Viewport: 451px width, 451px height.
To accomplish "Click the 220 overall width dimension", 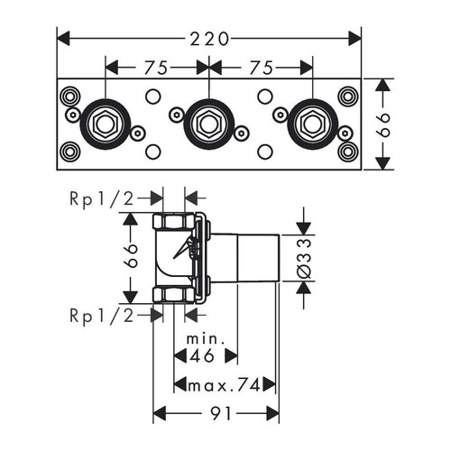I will point(208,39).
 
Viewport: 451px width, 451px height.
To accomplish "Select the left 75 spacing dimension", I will point(156,67).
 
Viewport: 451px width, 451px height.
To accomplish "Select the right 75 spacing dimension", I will point(261,67).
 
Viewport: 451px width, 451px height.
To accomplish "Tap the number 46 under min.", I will point(203,358).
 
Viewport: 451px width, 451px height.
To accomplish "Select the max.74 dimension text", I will point(219,386).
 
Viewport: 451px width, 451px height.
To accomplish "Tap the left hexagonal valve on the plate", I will point(104,123).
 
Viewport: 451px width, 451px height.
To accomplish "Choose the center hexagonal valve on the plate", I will point(208,123).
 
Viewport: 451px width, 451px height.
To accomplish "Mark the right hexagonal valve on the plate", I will point(313,123).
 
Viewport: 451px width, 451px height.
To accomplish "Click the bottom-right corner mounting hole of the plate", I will point(347,152).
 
